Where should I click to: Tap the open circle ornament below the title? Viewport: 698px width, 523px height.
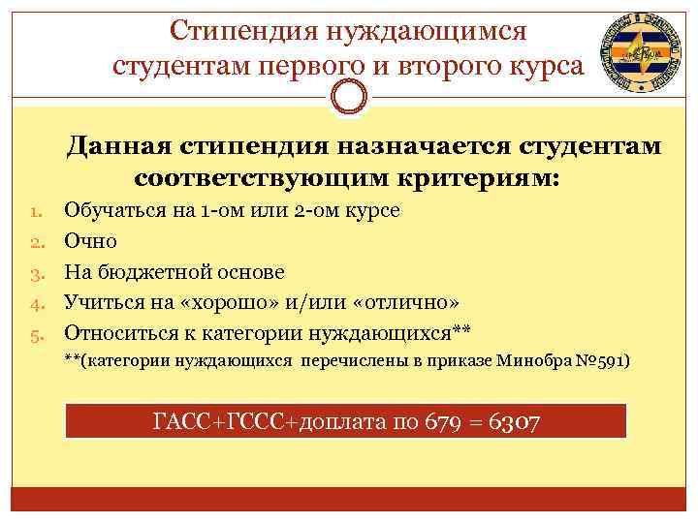tap(349, 96)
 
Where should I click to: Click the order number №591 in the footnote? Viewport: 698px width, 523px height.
tap(602, 361)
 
